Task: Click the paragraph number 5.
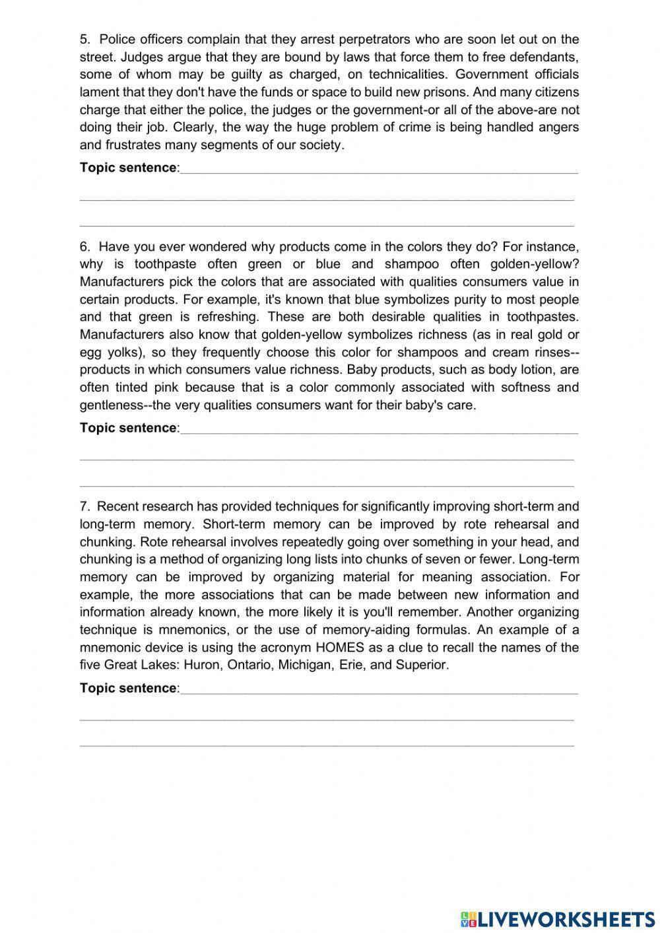tap(84, 40)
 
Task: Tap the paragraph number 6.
tap(84, 247)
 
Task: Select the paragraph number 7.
tap(84, 507)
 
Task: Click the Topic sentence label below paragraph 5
tap(128, 168)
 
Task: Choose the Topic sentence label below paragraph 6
tap(128, 428)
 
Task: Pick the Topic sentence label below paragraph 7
tap(128, 688)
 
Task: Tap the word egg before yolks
tap(90, 353)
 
